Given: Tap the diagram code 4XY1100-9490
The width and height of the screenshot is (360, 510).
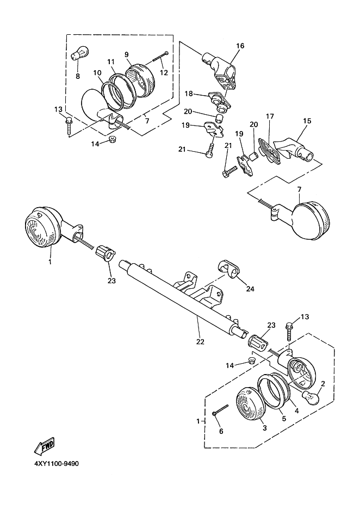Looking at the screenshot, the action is pos(56,463).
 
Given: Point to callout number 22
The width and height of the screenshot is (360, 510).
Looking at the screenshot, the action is pos(200,341).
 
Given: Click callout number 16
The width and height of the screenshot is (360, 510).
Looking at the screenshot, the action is pos(240,46).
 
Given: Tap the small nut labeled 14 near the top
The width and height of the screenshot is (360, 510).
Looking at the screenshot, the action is pos(113,139).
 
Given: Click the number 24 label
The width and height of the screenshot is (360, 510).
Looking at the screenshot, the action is pos(250,289).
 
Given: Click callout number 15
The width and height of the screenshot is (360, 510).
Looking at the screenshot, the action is pos(307,121).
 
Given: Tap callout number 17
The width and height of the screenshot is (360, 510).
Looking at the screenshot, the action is pos(270,116).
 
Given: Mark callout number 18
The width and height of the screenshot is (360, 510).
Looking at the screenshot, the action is pos(189,94).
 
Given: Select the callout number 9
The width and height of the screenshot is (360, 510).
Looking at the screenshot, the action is pos(127,54).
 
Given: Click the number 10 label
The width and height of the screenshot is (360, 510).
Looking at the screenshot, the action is pos(97,73).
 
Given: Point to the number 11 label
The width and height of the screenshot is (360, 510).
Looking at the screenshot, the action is pos(111,61).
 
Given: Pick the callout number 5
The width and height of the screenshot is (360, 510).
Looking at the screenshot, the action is pos(284,418).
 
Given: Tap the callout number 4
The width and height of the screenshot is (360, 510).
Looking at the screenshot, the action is pos(296,411).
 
